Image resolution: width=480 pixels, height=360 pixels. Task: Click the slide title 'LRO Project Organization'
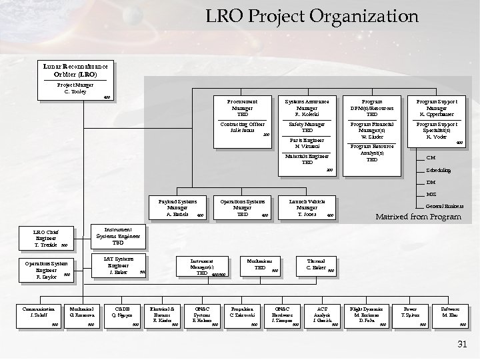[x=311, y=16]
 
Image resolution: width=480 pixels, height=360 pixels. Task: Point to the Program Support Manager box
[x=437, y=107]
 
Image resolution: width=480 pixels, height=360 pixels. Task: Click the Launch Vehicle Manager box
[x=307, y=207]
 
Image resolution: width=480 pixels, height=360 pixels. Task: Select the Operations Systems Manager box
[x=243, y=207]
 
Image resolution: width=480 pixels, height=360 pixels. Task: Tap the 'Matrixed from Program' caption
[x=418, y=217]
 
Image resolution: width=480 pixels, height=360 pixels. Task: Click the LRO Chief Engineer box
[x=47, y=239]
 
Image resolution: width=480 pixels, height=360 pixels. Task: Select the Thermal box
[x=316, y=265]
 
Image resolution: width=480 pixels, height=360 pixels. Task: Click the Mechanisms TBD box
[x=260, y=265]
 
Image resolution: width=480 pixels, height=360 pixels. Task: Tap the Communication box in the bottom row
[x=38, y=315]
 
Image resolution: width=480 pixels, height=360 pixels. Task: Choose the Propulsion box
[x=241, y=315]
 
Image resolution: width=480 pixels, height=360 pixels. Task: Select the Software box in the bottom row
[x=449, y=315]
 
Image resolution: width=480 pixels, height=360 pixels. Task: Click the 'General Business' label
[x=445, y=206]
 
